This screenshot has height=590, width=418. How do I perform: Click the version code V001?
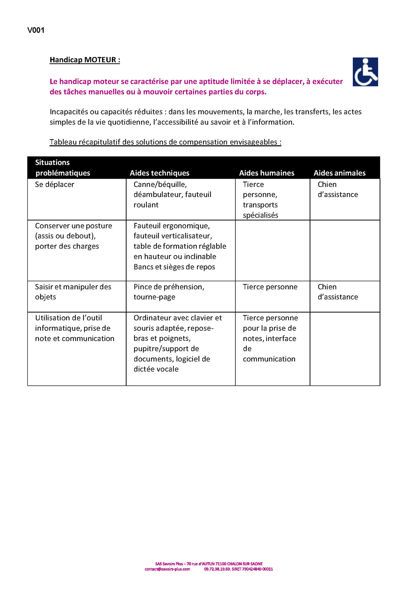(36, 30)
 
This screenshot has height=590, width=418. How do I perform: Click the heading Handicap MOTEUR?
(85, 60)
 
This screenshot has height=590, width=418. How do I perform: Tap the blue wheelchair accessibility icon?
(365, 72)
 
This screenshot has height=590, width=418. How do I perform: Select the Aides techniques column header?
(160, 173)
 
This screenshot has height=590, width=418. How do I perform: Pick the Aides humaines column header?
(267, 173)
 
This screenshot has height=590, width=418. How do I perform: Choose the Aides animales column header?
(340, 173)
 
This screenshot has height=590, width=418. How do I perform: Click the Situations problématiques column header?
(62, 168)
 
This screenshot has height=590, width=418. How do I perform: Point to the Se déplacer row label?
(55, 184)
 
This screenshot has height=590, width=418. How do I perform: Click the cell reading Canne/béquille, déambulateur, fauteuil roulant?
(172, 194)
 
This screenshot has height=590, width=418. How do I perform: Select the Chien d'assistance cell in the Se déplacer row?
(338, 190)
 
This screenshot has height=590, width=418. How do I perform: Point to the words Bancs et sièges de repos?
(174, 267)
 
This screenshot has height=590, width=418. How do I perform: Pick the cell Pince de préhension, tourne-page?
(169, 292)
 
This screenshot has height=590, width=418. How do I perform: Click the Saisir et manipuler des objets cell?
(73, 292)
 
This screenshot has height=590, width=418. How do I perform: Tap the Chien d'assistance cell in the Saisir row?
(338, 292)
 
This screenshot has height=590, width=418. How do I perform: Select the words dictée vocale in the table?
(156, 369)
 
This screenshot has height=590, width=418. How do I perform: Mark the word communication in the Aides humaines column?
(269, 359)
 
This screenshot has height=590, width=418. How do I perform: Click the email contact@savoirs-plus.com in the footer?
(167, 569)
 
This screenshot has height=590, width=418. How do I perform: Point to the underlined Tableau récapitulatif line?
(165, 142)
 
